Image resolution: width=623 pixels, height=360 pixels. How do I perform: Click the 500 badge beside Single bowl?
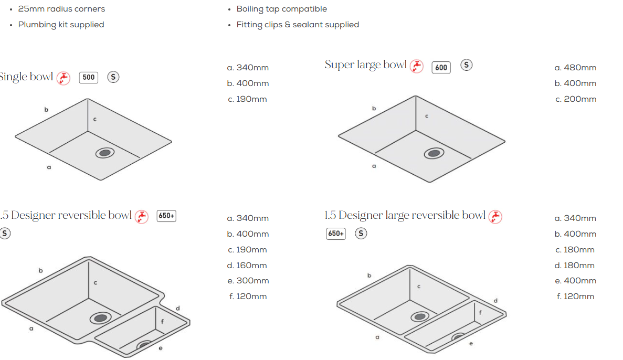pyautogui.click(x=88, y=78)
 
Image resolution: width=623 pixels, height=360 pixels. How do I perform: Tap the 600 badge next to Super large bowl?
pyautogui.click(x=441, y=68)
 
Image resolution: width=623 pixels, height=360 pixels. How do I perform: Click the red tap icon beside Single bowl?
pyautogui.click(x=63, y=78)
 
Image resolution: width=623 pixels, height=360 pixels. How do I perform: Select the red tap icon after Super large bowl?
pyautogui.click(x=416, y=66)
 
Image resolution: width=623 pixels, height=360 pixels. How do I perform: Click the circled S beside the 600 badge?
pyautogui.click(x=467, y=65)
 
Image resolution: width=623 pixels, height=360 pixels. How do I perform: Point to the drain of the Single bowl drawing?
pyautogui.click(x=105, y=153)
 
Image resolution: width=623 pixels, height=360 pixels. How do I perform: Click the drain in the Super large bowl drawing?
pyautogui.click(x=434, y=153)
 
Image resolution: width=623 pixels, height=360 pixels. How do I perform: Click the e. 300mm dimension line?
pyautogui.click(x=248, y=281)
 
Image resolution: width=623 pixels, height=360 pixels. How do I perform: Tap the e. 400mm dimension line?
pyautogui.click(x=576, y=281)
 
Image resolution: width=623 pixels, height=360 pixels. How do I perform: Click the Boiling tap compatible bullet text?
pyautogui.click(x=282, y=9)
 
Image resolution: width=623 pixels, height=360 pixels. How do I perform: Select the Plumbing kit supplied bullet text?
pyautogui.click(x=61, y=25)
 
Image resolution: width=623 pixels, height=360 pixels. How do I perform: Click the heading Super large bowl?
pyautogui.click(x=365, y=65)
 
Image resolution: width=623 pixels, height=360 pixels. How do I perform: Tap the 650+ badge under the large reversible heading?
pyautogui.click(x=336, y=234)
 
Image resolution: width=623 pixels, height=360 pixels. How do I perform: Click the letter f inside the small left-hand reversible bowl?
pyautogui.click(x=162, y=322)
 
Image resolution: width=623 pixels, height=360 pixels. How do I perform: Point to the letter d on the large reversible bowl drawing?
pyautogui.click(x=495, y=300)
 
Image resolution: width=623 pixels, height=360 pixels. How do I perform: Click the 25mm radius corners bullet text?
pyautogui.click(x=61, y=9)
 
